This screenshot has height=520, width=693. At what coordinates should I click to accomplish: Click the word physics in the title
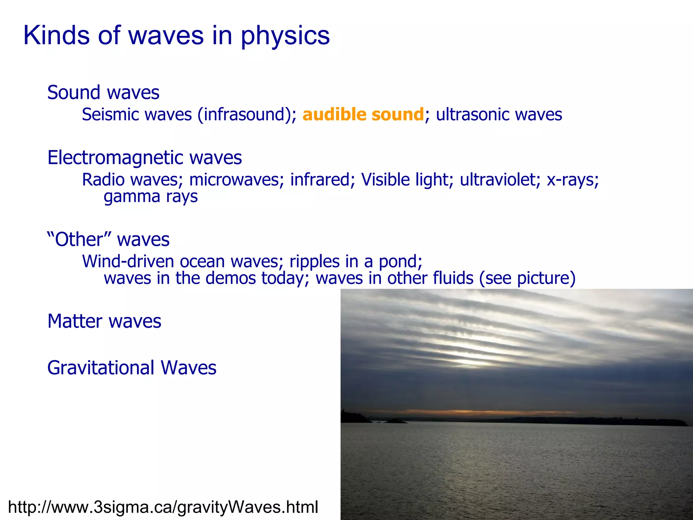(x=285, y=36)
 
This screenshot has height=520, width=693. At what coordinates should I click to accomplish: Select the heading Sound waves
(x=103, y=92)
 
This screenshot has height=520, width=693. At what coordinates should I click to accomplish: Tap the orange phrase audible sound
(x=363, y=114)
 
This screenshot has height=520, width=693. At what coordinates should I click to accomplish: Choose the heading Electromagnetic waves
(x=144, y=158)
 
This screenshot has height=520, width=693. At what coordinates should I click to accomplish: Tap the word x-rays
(x=572, y=179)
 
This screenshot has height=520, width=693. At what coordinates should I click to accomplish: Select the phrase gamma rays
(x=151, y=197)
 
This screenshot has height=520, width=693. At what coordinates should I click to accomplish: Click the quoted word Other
(x=79, y=240)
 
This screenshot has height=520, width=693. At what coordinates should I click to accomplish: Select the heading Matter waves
(x=104, y=321)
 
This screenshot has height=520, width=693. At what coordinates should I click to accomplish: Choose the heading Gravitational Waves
(x=132, y=368)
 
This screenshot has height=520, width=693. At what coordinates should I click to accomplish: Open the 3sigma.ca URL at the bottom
(x=163, y=507)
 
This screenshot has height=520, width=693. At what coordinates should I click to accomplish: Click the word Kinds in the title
(x=56, y=36)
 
